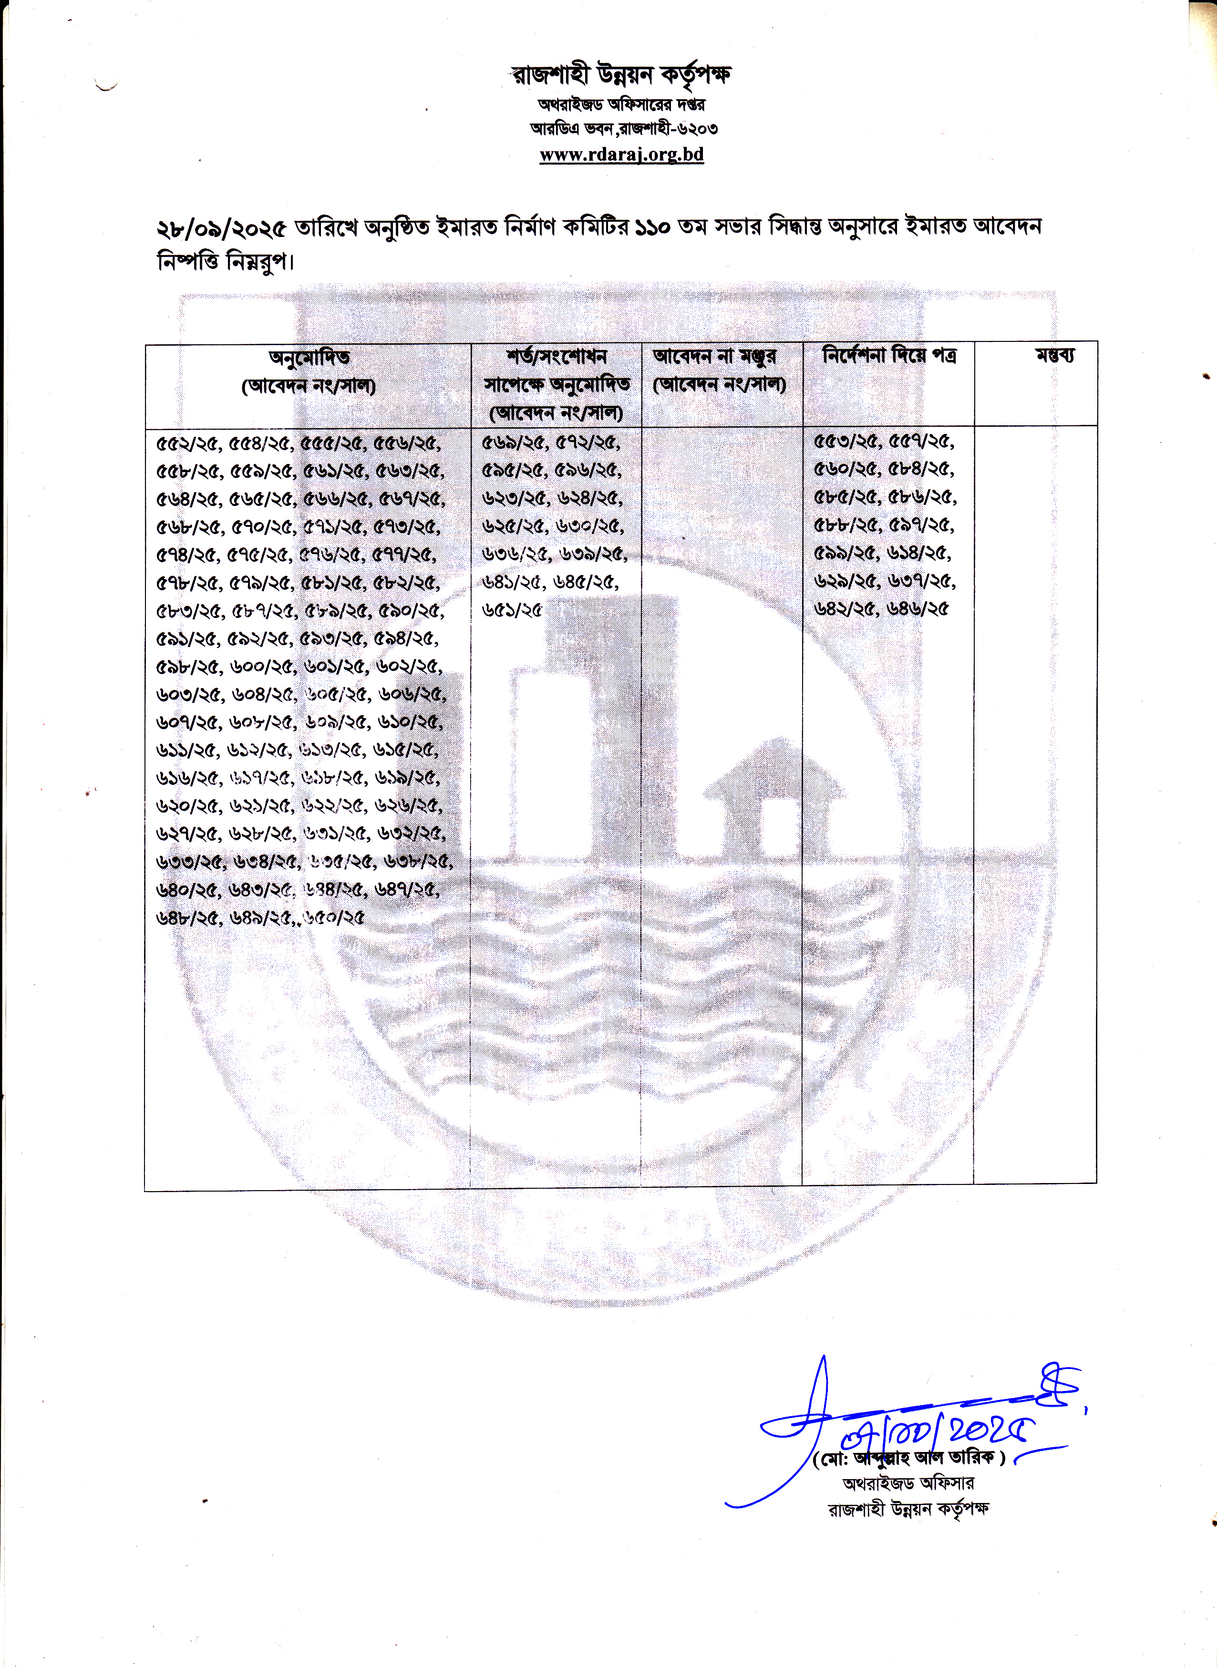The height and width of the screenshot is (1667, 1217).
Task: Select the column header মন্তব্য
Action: coord(1055,356)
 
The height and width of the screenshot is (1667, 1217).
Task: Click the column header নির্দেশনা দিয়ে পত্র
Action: coord(889,356)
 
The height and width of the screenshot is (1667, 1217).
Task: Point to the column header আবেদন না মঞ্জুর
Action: coord(714,357)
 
